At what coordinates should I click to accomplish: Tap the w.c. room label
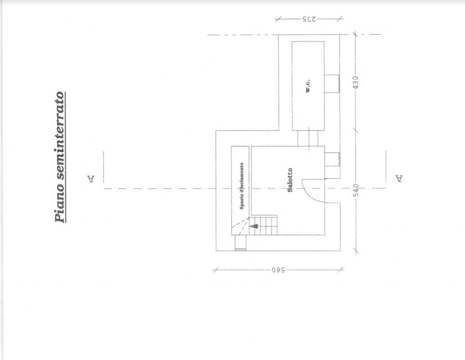[x=308, y=85]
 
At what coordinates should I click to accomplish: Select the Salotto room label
[x=290, y=180]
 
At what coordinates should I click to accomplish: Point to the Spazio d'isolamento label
[x=242, y=186]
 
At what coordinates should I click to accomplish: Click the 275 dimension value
[x=309, y=19]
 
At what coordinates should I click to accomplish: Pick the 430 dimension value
[x=356, y=82]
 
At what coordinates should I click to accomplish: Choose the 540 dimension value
[x=356, y=190]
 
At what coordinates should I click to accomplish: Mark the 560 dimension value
[x=278, y=270]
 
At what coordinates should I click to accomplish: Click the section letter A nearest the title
[x=91, y=179]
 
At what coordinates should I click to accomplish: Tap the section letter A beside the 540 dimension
[x=399, y=179]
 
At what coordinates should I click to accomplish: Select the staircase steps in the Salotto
[x=263, y=225]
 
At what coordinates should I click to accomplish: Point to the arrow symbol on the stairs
[x=255, y=226]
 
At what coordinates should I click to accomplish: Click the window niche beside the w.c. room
[x=331, y=84]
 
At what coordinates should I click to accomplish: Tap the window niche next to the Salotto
[x=332, y=159]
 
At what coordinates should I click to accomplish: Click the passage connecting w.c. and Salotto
[x=308, y=138]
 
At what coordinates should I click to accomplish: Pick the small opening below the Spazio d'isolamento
[x=241, y=243]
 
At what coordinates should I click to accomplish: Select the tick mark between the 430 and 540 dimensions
[x=355, y=130]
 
